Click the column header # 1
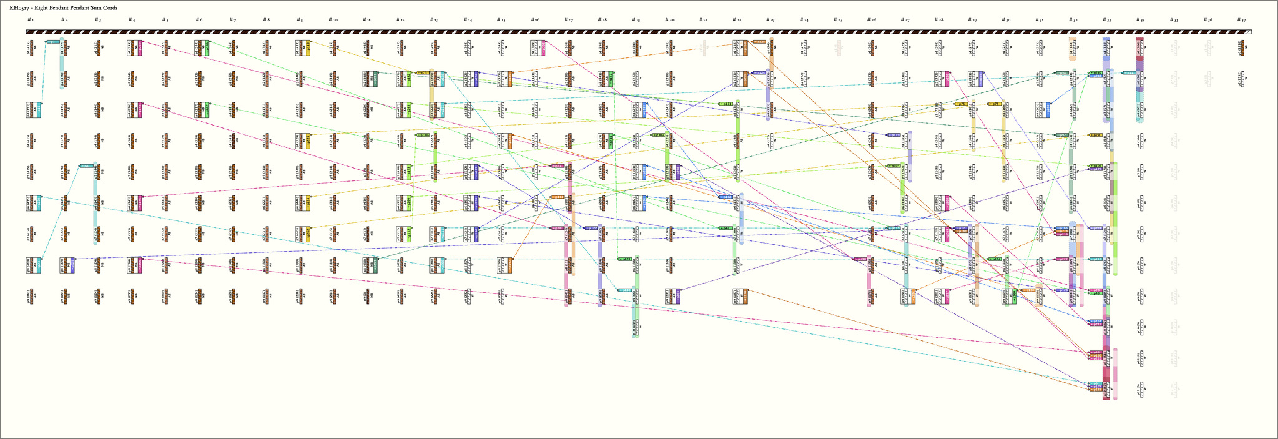(x=30, y=20)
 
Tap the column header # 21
(x=703, y=20)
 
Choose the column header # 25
(x=838, y=20)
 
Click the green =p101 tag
(x=725, y=104)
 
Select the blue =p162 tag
(x=725, y=197)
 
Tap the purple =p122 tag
(x=591, y=228)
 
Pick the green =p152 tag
(x=624, y=259)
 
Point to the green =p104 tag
(x=658, y=135)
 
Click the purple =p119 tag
(x=894, y=135)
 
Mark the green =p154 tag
(x=995, y=259)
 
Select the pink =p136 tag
(x=860, y=259)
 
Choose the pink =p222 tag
(x=1062, y=259)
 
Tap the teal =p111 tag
(x=1129, y=73)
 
